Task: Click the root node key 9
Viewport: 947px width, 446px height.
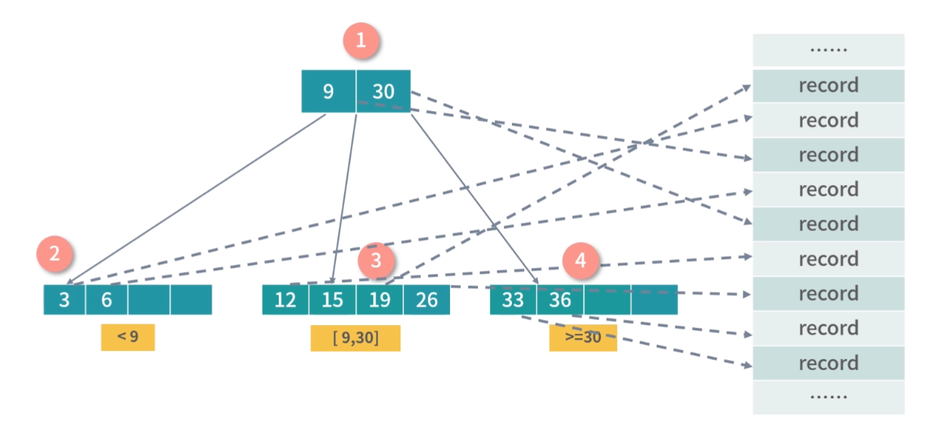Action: (328, 91)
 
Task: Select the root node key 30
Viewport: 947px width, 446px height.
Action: (383, 91)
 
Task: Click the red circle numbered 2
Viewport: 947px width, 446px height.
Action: (55, 255)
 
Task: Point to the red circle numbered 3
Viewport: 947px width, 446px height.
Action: (377, 260)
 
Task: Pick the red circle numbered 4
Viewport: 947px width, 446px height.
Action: (580, 260)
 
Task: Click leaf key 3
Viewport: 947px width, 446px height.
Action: (65, 300)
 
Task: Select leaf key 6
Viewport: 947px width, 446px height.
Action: (107, 300)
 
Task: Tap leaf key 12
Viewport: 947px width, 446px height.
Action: (286, 300)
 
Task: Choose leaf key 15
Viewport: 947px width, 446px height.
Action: (332, 300)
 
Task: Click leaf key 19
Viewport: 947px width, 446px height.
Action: (379, 300)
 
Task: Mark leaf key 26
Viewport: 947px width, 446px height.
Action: (426, 300)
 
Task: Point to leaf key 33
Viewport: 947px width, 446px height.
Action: (513, 300)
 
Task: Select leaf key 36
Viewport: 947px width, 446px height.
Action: (560, 300)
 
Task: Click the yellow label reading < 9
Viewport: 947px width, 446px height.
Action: (128, 337)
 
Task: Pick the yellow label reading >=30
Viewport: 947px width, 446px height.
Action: (583, 338)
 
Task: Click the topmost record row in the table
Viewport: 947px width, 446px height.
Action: (828, 86)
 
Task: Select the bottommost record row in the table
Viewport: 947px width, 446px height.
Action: (828, 363)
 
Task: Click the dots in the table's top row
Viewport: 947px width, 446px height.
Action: (828, 50)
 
